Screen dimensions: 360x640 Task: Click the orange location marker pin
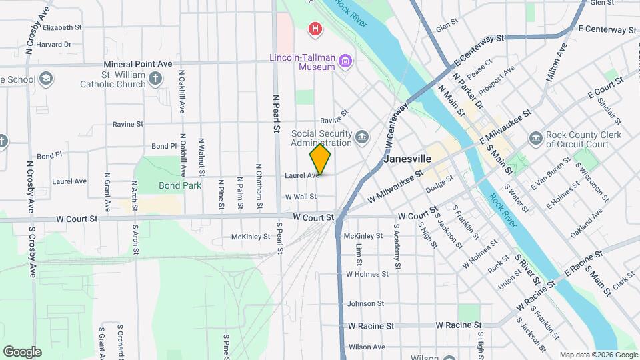320,159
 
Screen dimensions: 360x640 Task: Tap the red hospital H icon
315,29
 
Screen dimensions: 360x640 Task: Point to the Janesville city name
409,159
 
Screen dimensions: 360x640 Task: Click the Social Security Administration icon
361,137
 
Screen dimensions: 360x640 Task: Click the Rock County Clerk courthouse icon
535,139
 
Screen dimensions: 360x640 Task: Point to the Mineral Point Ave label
138,64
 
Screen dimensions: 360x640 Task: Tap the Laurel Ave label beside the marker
302,175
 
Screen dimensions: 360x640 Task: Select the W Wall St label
301,197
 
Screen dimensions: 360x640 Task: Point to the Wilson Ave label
367,347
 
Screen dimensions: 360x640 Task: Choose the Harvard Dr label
54,45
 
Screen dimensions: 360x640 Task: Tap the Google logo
22,351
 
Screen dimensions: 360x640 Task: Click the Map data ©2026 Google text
598,355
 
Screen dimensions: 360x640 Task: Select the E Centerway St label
607,29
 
